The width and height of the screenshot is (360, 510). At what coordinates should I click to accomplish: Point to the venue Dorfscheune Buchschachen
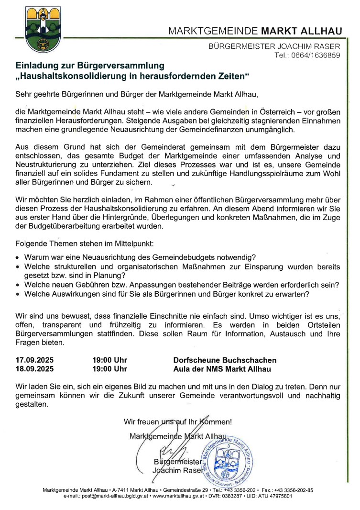pyautogui.click(x=225, y=360)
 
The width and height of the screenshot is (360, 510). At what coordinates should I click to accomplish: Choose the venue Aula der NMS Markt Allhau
pyautogui.click(x=222, y=369)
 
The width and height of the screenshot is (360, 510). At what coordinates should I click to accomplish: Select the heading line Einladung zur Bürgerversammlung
pyautogui.click(x=90, y=66)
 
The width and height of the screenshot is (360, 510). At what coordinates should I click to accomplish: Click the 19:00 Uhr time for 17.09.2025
pyautogui.click(x=109, y=360)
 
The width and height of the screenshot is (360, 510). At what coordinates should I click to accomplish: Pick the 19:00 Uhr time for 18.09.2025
pyautogui.click(x=109, y=369)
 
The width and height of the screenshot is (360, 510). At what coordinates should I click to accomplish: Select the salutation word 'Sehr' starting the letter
pyautogui.click(x=23, y=93)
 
